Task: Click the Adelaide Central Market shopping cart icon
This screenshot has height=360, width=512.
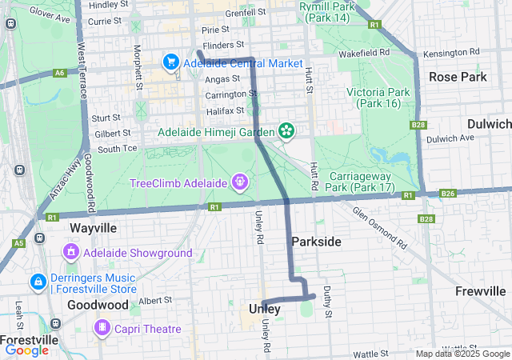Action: tap(170, 62)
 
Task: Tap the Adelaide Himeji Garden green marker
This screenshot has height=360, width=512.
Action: tap(286, 130)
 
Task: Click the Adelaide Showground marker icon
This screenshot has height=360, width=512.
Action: tap(71, 253)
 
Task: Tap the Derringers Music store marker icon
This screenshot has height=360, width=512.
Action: tap(38, 282)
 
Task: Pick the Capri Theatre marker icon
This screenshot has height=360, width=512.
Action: tap(102, 328)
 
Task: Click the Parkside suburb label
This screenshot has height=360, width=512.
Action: tap(316, 242)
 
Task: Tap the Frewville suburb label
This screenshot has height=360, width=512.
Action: tap(480, 291)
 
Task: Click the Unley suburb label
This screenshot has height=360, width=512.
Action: tap(265, 309)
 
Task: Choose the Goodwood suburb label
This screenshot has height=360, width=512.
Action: tap(98, 305)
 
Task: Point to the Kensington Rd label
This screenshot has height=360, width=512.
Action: tap(455, 53)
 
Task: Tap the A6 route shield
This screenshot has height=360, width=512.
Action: tap(59, 73)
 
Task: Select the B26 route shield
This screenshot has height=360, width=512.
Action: tap(447, 194)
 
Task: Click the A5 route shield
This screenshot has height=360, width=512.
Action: tap(19, 243)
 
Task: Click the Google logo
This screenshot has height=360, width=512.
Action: tap(27, 350)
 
